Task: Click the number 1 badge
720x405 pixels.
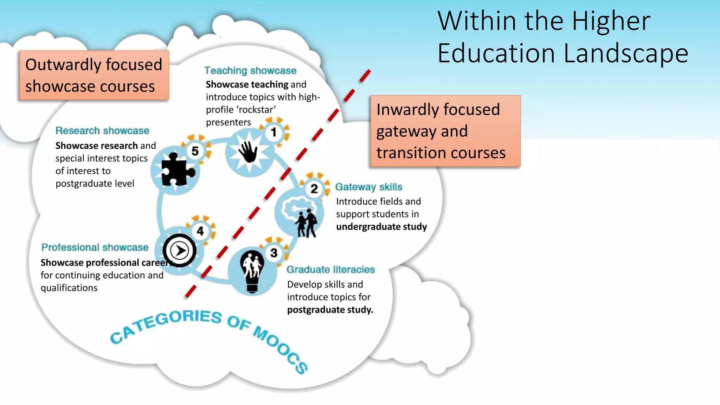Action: tap(274, 133)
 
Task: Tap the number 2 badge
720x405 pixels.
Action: tap(314, 189)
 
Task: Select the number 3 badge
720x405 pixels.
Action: tap(274, 253)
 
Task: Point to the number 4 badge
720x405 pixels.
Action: tap(200, 231)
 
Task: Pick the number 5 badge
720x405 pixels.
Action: tap(195, 151)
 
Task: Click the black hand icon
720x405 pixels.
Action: tap(248, 152)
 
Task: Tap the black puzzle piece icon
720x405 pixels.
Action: tap(176, 169)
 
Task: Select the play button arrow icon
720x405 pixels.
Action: tap(180, 251)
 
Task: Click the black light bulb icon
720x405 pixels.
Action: tap(252, 271)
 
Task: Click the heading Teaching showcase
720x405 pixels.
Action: tap(250, 71)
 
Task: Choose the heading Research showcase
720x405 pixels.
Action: tap(102, 131)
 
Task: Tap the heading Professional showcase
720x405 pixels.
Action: tap(95, 247)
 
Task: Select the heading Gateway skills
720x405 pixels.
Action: tap(368, 187)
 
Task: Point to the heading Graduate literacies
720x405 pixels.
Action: tap(331, 270)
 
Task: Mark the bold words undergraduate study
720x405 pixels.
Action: tap(381, 227)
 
